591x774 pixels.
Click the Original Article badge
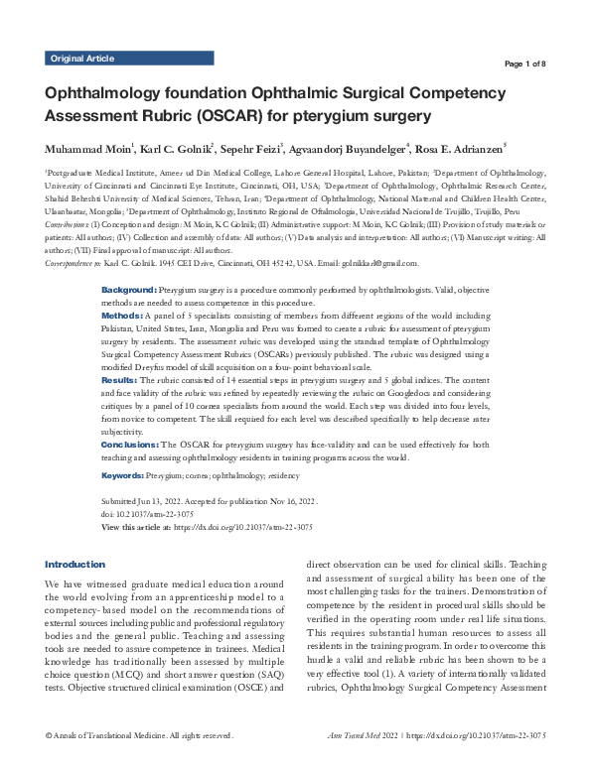80,59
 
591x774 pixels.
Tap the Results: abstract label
126,379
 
